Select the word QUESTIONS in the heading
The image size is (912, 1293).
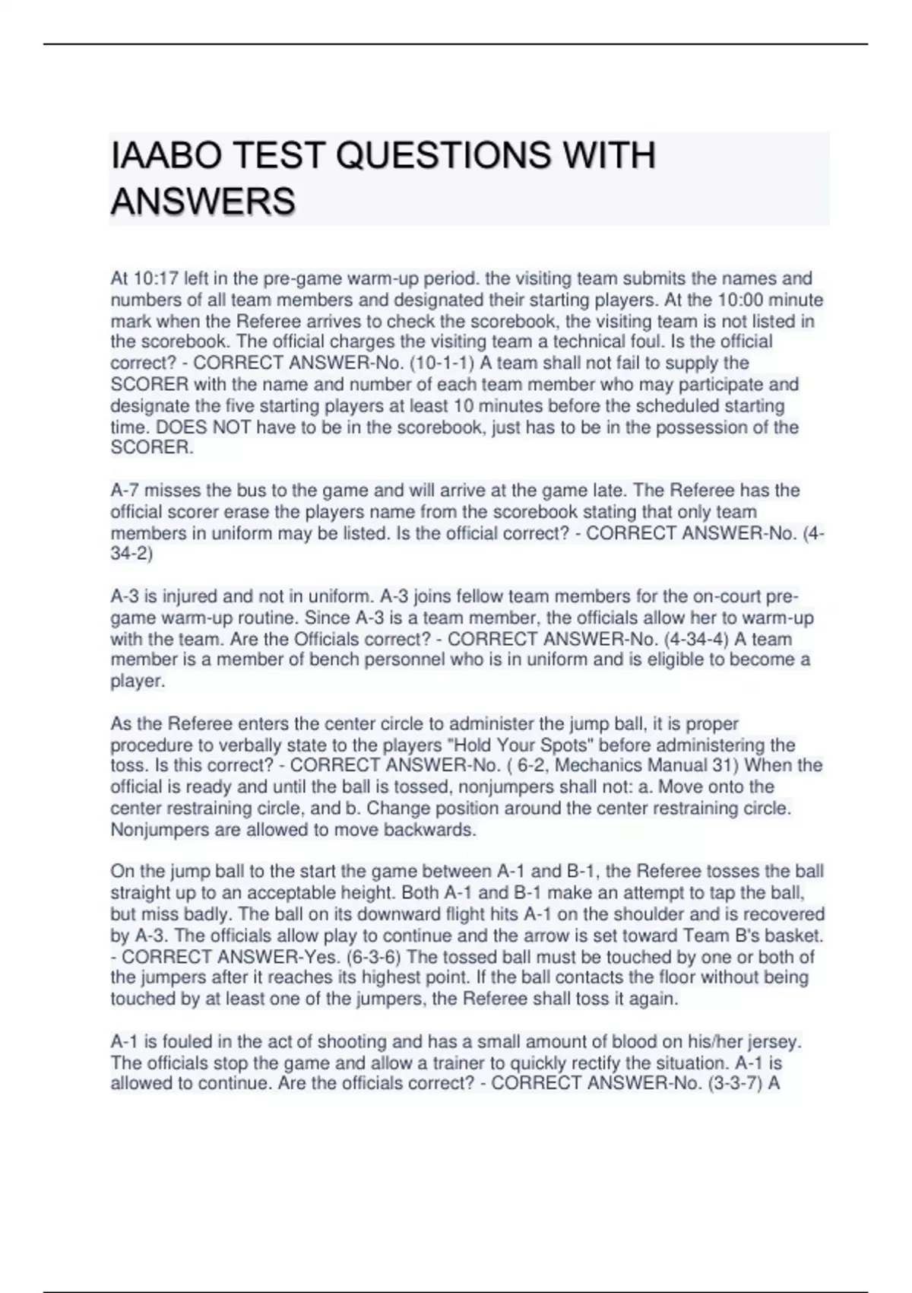(x=444, y=156)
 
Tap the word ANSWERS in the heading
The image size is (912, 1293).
(x=203, y=202)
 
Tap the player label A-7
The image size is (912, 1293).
(x=125, y=491)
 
